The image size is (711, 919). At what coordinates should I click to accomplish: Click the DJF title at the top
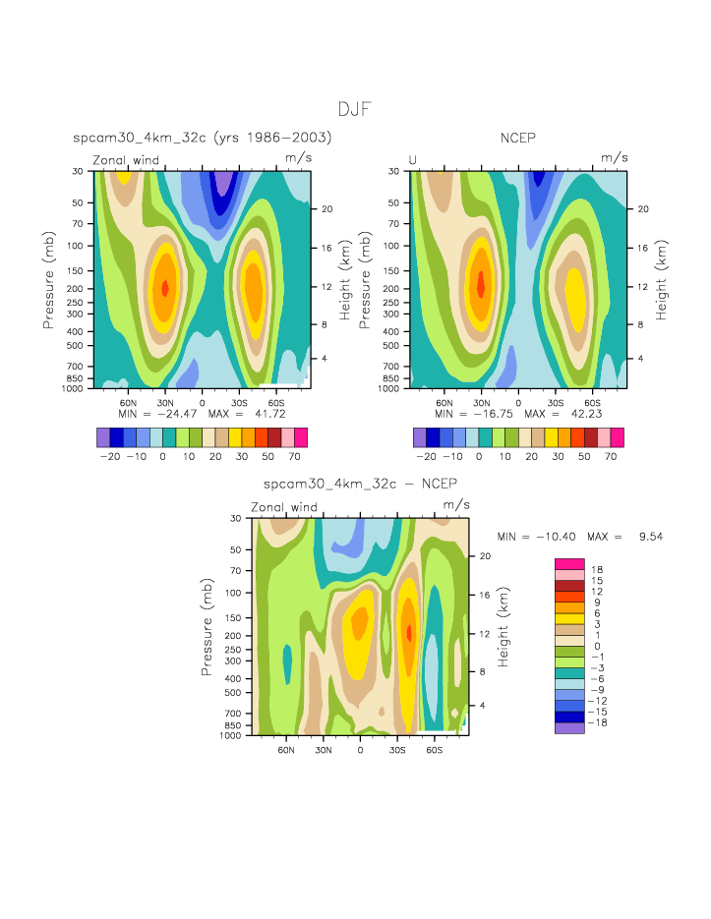[355, 109]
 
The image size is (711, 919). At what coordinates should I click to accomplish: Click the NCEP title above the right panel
[518, 139]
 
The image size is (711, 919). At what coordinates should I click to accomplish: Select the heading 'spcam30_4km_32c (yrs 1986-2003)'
[202, 139]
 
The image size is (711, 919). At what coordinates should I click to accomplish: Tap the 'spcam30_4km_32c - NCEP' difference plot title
[359, 485]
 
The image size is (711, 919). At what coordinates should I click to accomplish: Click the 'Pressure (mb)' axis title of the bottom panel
[207, 625]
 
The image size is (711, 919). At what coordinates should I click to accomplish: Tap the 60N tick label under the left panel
[128, 402]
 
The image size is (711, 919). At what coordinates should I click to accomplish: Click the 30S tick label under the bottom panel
[396, 748]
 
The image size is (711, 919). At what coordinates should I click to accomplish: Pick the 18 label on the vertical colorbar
[597, 570]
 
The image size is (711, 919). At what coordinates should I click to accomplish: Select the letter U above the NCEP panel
[413, 160]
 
